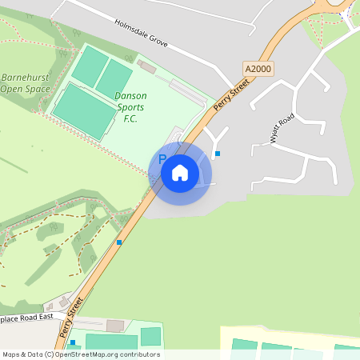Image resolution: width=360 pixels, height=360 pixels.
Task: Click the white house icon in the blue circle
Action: coord(180,172)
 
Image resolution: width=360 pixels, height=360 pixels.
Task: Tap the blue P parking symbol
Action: coord(162,159)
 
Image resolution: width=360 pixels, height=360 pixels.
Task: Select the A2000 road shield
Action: coord(258,69)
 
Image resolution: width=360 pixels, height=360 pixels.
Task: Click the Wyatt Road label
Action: coord(282,129)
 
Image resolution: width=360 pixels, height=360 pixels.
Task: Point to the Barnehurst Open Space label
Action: coord(24,82)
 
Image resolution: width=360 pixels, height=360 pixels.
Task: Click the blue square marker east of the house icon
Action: coord(218,154)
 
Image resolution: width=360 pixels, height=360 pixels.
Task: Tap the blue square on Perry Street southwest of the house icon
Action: coord(119,242)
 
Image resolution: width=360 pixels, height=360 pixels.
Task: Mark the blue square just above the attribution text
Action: coord(73,342)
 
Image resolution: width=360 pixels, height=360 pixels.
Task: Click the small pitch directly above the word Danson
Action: coord(114,78)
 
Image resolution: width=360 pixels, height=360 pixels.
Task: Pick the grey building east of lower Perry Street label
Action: coord(115,326)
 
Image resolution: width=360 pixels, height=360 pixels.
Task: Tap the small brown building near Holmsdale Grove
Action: coord(146,65)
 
